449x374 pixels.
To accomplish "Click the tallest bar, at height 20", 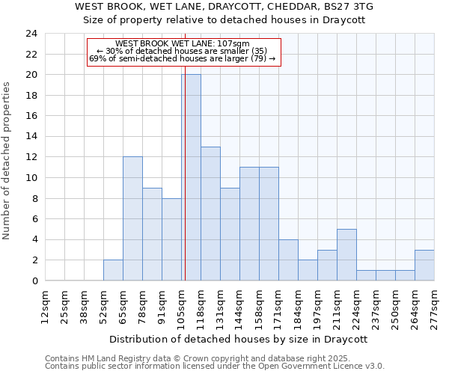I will coord(191,177).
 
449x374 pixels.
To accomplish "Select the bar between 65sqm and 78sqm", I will coord(132,218).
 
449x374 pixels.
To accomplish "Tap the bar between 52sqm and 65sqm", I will coord(113,270).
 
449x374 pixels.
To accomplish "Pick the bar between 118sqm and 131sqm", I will coord(210,213).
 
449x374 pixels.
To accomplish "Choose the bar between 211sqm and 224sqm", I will coord(346,254).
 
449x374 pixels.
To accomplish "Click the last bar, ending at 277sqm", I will coord(424,265).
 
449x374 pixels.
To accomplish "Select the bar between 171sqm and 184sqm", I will coord(288,260).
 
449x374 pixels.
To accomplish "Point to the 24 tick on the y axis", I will coord(31,34).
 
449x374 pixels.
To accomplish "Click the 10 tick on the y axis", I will coord(31,178).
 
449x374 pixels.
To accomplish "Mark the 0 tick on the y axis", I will coord(34,281).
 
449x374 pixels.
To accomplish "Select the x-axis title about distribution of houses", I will coord(243,339).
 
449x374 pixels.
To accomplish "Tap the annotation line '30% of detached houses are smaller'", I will coord(183,51).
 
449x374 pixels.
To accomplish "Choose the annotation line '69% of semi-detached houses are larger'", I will coord(183,58).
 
